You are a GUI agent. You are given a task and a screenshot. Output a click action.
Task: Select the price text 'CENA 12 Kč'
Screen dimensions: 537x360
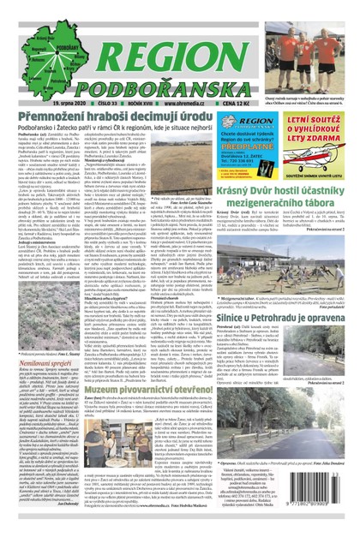point(217,81)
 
